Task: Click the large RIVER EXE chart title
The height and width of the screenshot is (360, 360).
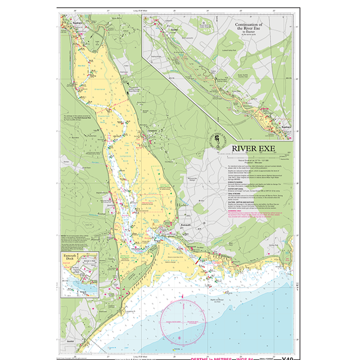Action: click(x=253, y=149)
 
